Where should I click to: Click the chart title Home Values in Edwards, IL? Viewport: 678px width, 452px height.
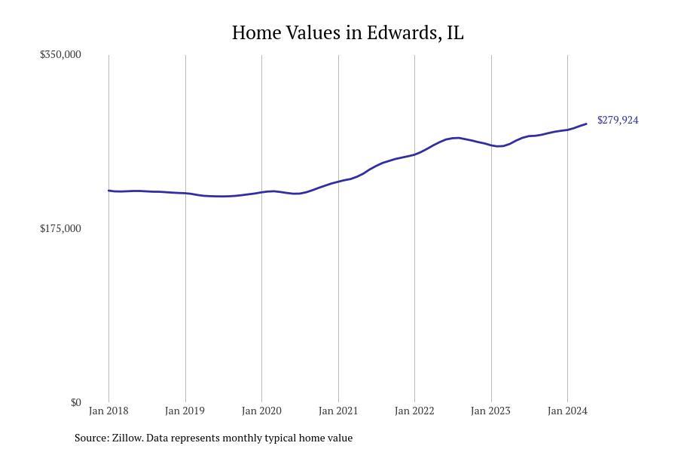tap(347, 33)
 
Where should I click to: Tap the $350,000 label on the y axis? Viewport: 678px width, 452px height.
tap(60, 54)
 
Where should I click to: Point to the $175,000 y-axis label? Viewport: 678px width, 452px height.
tap(60, 228)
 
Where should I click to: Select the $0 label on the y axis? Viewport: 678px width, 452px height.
tap(75, 402)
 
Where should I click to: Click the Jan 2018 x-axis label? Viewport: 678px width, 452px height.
tap(108, 411)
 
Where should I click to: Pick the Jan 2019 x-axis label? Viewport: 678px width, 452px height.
tap(185, 411)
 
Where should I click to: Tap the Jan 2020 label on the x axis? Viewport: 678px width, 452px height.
tap(261, 411)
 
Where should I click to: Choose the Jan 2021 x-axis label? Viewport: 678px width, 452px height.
tap(338, 411)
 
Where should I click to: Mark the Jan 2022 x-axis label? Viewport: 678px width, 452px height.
tap(414, 411)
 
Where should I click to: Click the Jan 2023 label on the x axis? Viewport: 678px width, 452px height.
tap(490, 411)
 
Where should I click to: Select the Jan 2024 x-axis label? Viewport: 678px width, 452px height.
tap(567, 411)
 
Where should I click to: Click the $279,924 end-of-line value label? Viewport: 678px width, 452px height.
tap(618, 121)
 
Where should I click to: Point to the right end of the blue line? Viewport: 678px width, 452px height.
tap(586, 124)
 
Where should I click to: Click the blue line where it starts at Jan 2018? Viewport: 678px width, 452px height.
tap(109, 191)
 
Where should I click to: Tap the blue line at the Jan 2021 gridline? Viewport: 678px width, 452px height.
tap(338, 182)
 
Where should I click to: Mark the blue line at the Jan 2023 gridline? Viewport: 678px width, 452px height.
tap(491, 145)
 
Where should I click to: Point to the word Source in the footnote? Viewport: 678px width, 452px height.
tap(90, 438)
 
